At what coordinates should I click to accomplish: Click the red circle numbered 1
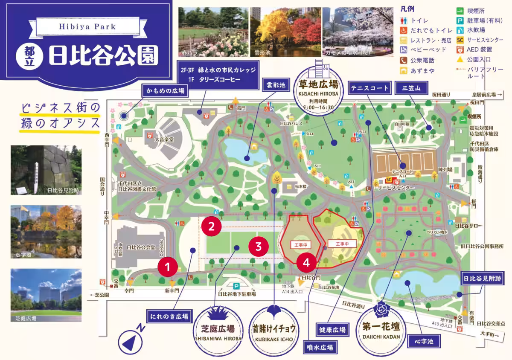pyautogui.click(x=168, y=267)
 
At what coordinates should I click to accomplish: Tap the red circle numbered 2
pyautogui.click(x=212, y=226)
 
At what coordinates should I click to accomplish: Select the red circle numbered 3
pyautogui.click(x=259, y=246)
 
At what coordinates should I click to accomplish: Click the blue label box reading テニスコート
pyautogui.click(x=370, y=88)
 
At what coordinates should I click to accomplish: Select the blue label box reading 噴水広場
pyautogui.click(x=320, y=347)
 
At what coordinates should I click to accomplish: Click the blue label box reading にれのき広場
pyautogui.click(x=169, y=316)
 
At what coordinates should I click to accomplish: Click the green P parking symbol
pyautogui.click(x=236, y=286)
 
